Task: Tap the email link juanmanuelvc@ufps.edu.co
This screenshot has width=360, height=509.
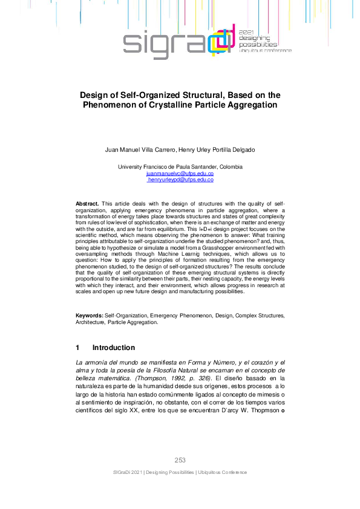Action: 180,173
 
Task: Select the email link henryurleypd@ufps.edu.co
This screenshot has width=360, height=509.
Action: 181,180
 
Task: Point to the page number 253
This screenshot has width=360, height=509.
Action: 180,460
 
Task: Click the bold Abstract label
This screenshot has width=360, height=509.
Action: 88,204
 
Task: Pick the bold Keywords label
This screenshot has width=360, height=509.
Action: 89,316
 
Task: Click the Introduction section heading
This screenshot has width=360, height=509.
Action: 113,348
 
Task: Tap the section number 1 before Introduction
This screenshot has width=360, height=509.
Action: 77,348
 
